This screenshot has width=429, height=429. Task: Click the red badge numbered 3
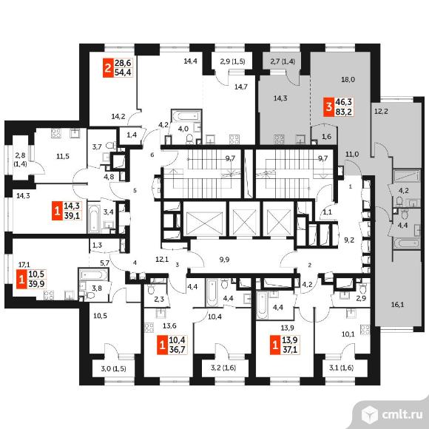(x=329, y=107)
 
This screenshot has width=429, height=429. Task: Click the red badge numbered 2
(x=108, y=67)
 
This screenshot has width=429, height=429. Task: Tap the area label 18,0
(x=348, y=80)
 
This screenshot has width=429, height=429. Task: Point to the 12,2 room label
(x=381, y=112)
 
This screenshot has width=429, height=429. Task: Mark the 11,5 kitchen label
(x=63, y=157)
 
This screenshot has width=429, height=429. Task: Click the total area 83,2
(x=344, y=112)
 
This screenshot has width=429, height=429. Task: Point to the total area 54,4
(x=123, y=72)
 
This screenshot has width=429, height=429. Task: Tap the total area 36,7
(x=177, y=350)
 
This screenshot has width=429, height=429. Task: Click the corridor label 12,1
(x=162, y=259)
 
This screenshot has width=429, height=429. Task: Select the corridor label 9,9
(x=224, y=260)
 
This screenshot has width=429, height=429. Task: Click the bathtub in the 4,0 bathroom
(x=186, y=115)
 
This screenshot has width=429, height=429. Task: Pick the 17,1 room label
(x=24, y=265)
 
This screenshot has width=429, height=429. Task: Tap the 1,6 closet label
(x=327, y=137)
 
